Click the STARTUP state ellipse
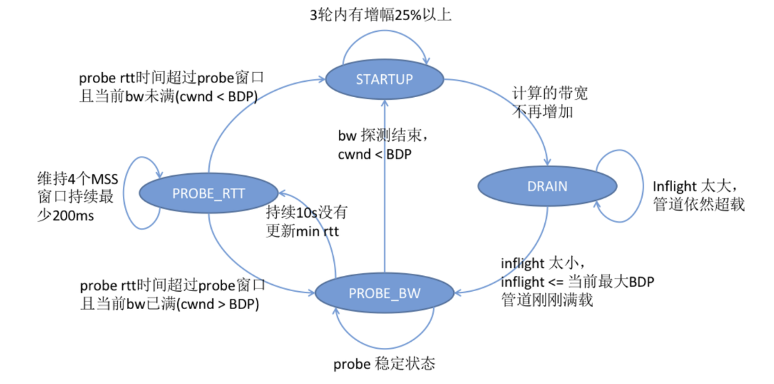[x=384, y=79]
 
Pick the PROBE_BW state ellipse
[x=384, y=293]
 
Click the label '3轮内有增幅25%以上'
[x=380, y=14]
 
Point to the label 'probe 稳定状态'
[x=384, y=365]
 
